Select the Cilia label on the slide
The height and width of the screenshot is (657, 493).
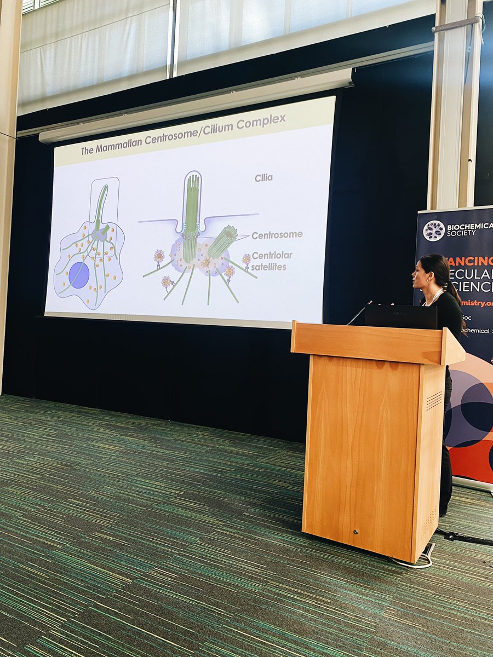pos(263,177)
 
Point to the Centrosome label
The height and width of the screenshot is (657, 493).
pos(277,235)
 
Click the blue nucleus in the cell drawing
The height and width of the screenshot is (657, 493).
pos(79,275)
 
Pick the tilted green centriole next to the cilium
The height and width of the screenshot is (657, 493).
pos(222,241)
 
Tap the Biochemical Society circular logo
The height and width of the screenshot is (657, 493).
pos(434,230)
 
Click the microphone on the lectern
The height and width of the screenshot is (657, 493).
pos(359,313)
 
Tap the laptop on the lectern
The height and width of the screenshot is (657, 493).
pos(401,316)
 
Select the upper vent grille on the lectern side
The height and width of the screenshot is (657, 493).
pos(434,401)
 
